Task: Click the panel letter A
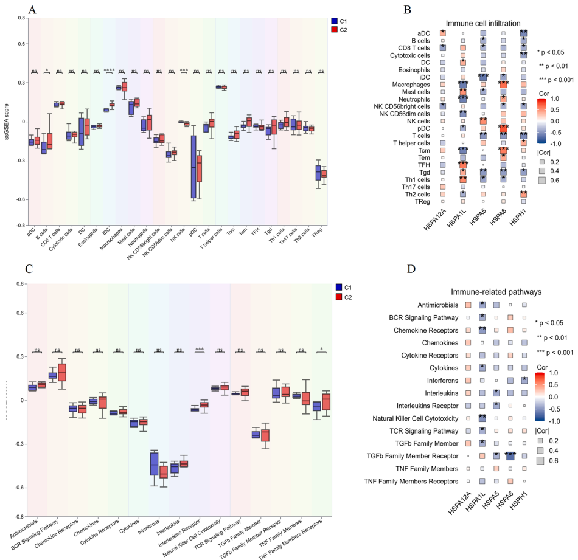coord(32,10)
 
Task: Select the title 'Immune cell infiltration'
coord(479,22)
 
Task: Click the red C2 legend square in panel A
coord(333,29)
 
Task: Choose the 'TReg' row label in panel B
coord(437,201)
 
